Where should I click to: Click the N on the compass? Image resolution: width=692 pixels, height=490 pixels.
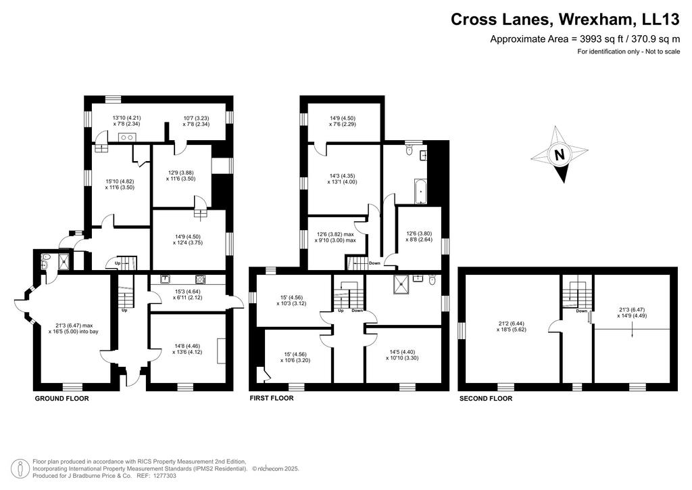(559, 155)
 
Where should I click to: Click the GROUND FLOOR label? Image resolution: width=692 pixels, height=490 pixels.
(61, 399)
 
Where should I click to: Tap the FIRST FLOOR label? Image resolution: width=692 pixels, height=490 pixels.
(272, 398)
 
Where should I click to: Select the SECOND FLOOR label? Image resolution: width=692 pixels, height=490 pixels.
(486, 399)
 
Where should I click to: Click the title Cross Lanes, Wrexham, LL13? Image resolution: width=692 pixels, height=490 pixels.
(565, 20)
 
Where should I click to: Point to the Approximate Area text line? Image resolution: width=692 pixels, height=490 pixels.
(585, 39)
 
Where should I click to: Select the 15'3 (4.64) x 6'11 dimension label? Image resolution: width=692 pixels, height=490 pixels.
(188, 294)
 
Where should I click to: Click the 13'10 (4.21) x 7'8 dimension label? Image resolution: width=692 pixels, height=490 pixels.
(126, 121)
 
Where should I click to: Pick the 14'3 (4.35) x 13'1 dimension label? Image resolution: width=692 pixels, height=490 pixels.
(342, 179)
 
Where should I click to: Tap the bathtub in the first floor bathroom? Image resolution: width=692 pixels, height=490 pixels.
(420, 192)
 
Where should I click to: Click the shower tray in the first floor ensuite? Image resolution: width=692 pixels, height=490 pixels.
(402, 285)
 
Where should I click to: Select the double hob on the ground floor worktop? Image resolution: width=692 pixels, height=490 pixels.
(126, 137)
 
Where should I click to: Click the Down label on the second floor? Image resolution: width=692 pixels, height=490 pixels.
(582, 311)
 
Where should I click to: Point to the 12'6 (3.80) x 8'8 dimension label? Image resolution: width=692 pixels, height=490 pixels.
(419, 236)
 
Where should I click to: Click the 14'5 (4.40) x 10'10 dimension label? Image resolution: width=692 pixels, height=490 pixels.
(404, 355)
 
